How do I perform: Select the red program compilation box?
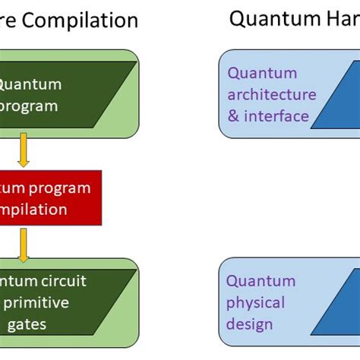tap(50, 197)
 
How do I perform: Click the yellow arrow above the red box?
tap(24, 148)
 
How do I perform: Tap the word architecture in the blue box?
tap(271, 95)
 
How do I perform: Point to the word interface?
tap(279, 116)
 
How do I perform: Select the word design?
tap(249, 324)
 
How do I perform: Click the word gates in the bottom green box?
tap(26, 324)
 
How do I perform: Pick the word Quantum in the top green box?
tap(30, 84)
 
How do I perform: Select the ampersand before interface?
tap(234, 116)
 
